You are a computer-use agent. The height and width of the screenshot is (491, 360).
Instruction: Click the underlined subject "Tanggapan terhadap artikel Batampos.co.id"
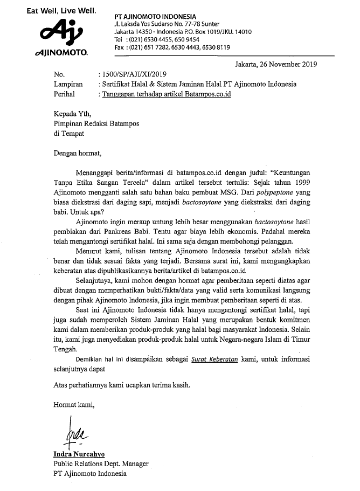click(x=169, y=94)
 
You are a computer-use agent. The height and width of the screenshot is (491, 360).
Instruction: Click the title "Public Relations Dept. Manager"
click(x=101, y=464)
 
